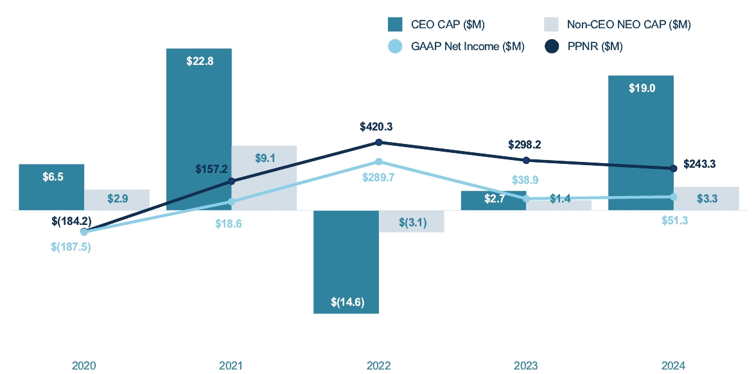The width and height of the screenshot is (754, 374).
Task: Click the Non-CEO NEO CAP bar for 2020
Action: click(117, 199)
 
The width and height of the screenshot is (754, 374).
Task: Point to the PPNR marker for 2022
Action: click(379, 142)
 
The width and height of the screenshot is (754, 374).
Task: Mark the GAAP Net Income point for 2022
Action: click(379, 161)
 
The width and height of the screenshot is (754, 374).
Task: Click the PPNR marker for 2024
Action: click(674, 168)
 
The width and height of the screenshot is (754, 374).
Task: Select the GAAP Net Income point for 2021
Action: click(232, 202)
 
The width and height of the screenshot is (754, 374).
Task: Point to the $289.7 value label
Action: click(378, 177)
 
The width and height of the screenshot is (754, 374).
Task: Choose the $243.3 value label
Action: click(699, 164)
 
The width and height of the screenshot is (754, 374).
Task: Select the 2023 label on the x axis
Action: click(526, 366)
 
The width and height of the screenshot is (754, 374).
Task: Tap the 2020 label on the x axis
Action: click(83, 366)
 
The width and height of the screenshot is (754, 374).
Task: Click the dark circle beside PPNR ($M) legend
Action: click(552, 46)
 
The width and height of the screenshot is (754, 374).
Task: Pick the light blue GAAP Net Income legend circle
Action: click(396, 46)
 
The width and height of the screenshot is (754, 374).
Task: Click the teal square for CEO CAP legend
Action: click(395, 24)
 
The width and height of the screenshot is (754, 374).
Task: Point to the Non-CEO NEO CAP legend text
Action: click(629, 24)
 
